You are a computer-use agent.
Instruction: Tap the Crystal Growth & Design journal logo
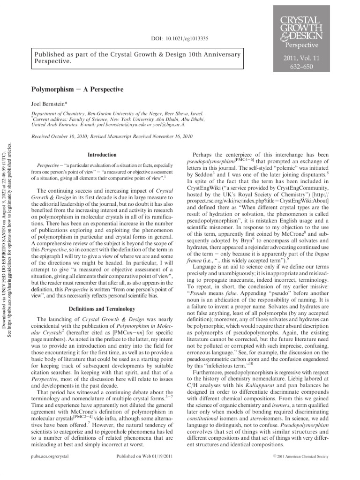(x=300, y=28)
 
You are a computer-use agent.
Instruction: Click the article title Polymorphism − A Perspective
(x=77, y=89)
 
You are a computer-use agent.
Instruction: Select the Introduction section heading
(x=102, y=155)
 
